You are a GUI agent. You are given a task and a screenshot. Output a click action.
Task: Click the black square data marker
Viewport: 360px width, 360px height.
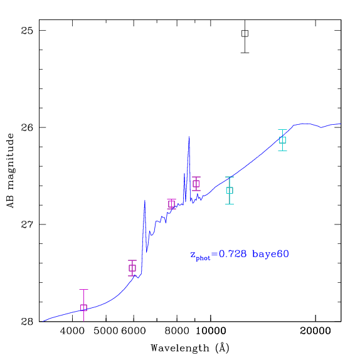tap(245, 33)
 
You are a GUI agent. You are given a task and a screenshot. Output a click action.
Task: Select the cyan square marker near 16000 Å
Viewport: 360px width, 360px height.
tap(282, 140)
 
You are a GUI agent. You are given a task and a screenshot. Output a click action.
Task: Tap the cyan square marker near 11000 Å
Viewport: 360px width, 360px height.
tap(230, 190)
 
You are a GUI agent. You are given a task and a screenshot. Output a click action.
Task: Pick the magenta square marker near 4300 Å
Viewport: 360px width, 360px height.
tap(83, 308)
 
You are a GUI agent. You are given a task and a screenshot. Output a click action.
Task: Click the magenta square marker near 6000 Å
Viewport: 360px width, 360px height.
tap(132, 268)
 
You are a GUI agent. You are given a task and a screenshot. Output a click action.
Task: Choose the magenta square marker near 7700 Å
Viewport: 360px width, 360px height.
tap(171, 204)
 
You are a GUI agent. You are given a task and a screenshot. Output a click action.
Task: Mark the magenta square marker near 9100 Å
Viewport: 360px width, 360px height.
tap(196, 184)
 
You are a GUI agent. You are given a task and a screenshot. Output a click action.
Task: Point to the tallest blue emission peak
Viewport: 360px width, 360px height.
tap(189, 137)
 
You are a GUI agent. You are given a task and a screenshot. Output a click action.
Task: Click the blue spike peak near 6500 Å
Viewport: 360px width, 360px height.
tap(144, 201)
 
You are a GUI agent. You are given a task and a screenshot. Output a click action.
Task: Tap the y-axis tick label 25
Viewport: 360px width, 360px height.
tap(27, 30)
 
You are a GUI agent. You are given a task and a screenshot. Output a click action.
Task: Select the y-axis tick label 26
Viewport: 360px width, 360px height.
tap(27, 127)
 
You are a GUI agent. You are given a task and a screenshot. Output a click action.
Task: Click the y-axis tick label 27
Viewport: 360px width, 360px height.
tap(27, 225)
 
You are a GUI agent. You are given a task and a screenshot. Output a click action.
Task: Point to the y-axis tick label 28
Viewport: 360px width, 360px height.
tap(27, 321)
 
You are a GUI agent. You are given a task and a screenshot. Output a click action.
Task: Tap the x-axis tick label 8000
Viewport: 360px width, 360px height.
tap(177, 331)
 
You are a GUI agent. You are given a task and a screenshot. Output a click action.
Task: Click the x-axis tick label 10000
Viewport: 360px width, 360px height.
tap(211, 331)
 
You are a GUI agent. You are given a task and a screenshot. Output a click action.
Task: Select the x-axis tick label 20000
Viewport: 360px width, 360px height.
tap(315, 331)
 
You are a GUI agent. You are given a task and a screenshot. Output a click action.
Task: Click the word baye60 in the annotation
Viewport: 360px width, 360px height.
tap(270, 254)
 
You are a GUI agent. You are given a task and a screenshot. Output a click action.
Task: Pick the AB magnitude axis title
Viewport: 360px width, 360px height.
tap(10, 171)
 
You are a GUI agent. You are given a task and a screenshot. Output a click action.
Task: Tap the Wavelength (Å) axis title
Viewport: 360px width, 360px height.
tap(190, 348)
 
